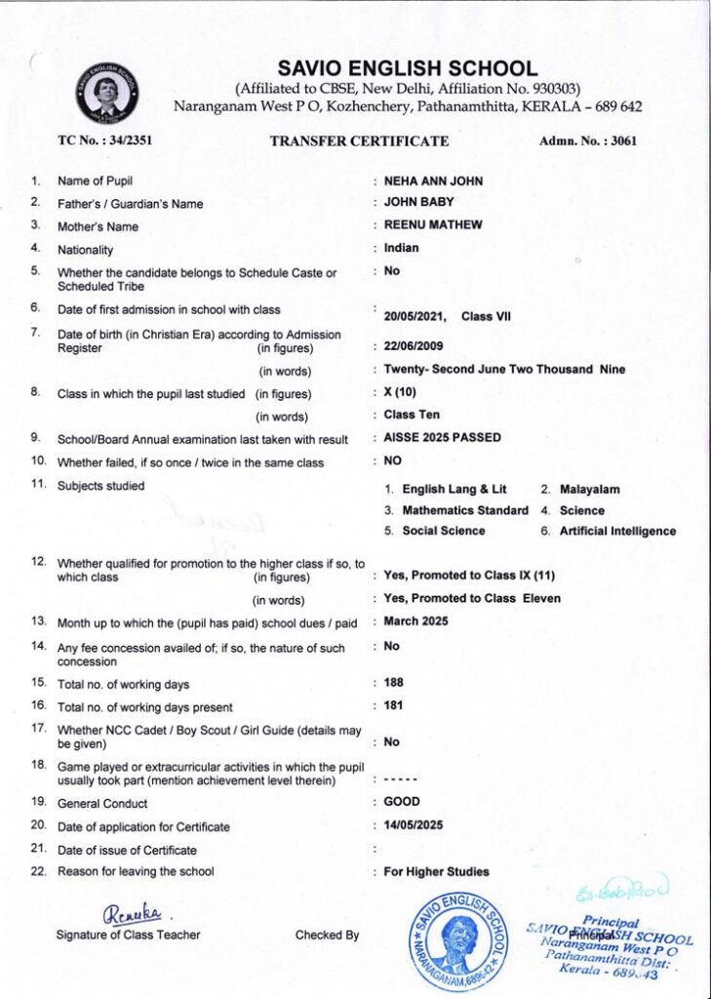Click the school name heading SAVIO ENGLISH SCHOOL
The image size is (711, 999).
(407, 69)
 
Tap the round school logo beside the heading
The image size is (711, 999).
(108, 92)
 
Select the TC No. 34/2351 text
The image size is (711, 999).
(104, 140)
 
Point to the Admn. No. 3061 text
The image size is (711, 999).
(587, 140)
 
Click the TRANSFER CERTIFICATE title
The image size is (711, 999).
(359, 140)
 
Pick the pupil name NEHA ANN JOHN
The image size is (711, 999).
(433, 181)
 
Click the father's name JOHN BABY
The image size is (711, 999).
(418, 203)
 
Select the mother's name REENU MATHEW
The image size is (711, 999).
(433, 225)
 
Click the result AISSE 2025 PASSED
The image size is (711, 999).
(442, 438)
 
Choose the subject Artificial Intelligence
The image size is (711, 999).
(617, 532)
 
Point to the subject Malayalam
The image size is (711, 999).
(589, 490)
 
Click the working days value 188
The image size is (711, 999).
(393, 683)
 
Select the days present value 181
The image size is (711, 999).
(393, 705)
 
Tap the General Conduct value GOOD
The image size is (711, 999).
(402, 802)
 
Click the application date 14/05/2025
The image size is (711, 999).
(414, 825)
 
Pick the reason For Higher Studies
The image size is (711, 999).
(436, 871)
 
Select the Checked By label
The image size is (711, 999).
(327, 935)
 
